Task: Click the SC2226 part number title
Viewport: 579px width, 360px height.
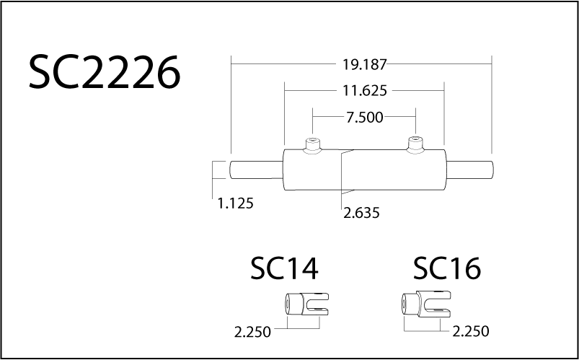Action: tap(104, 73)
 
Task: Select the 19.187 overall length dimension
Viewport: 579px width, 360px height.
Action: tap(364, 64)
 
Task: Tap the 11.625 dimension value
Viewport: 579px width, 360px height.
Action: tap(364, 91)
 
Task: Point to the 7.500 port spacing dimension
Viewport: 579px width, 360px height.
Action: tap(364, 118)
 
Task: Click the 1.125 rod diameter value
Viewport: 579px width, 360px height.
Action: tap(235, 203)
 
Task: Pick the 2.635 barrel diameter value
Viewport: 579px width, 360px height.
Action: tap(361, 213)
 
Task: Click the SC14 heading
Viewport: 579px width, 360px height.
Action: tap(284, 269)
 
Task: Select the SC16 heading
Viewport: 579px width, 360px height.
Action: tap(447, 269)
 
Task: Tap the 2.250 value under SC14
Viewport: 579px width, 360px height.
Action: tap(252, 333)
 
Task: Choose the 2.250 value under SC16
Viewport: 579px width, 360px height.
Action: tap(471, 332)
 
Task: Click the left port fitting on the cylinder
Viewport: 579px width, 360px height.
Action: tap(312, 144)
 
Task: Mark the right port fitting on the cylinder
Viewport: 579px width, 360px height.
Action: tap(415, 144)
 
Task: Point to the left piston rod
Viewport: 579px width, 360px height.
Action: tap(256, 170)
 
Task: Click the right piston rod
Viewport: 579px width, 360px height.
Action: tap(470, 170)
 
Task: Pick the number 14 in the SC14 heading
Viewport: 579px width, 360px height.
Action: tap(302, 269)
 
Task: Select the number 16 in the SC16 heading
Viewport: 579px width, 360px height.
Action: tap(465, 269)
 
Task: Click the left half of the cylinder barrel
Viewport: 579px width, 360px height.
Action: tap(311, 172)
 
